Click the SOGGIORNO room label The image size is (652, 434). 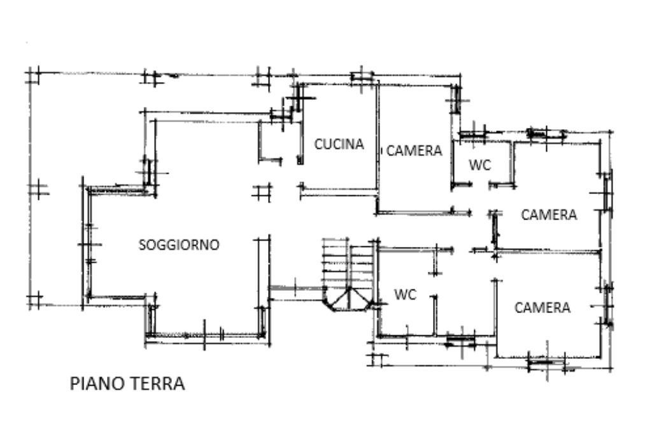tap(179, 244)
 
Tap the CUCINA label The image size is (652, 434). tap(339, 144)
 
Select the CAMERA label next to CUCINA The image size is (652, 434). tap(414, 151)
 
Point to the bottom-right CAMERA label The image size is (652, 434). tap(542, 308)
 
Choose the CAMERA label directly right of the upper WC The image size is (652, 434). tap(549, 215)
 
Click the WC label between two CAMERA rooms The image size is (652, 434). tap(480, 165)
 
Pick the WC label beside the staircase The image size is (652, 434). tap(405, 295)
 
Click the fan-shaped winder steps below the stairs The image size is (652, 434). tap(348, 300)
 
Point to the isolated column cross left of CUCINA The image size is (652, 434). tap(261, 192)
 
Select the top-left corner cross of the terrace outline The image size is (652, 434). tap(33, 75)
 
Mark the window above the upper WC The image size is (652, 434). tap(473, 135)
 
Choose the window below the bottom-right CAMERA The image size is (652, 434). tap(546, 363)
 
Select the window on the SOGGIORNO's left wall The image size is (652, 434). tap(85, 245)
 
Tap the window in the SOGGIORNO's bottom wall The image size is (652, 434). tap(204, 335)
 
